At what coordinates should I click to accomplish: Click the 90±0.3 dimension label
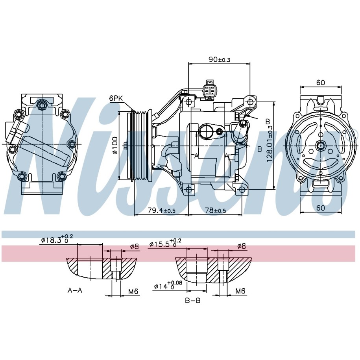(219, 59)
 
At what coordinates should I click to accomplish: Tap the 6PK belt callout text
(116, 98)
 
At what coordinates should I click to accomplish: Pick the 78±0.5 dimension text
(215, 210)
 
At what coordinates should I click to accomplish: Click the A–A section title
(75, 290)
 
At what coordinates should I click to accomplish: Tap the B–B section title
(193, 301)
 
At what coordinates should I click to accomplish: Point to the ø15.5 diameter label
(165, 244)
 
